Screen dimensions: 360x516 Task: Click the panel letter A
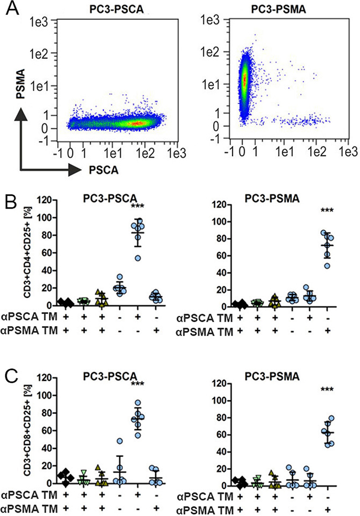(12, 8)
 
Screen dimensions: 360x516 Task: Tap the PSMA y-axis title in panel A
(21, 84)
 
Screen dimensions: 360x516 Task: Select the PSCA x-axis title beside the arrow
(104, 170)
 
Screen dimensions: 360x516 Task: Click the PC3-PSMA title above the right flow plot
(279, 9)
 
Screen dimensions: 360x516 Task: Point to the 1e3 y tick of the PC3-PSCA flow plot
(39, 23)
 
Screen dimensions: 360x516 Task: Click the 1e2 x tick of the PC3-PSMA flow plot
(316, 152)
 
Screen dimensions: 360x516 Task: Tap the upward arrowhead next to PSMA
(21, 116)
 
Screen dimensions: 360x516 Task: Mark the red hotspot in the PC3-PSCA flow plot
(135, 123)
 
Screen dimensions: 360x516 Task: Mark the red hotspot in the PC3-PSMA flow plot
(244, 80)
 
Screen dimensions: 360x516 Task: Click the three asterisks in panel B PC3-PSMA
(327, 210)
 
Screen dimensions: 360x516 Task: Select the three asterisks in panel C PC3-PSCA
(137, 383)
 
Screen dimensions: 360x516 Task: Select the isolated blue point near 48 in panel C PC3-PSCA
(120, 441)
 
